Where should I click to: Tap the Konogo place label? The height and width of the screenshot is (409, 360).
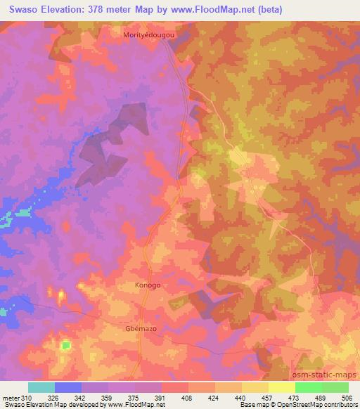148,285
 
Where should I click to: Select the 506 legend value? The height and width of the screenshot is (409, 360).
348,398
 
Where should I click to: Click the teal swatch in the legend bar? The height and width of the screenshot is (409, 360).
41,387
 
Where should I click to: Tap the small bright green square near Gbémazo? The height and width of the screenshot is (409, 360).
66,345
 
